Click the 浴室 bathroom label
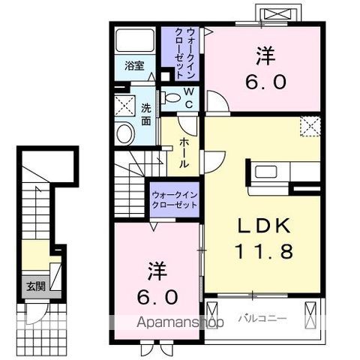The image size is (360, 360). click(x=134, y=66)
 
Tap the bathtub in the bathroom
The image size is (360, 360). click(x=135, y=40)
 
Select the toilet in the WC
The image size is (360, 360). click(x=170, y=97)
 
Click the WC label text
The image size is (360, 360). click(x=189, y=98)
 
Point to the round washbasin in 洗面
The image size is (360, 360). click(x=125, y=133)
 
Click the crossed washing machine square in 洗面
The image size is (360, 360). click(x=124, y=105)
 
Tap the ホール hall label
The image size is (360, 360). click(x=184, y=153)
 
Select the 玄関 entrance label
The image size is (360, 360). click(x=36, y=286)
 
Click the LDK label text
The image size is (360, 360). click(x=264, y=226)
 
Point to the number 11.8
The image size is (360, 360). click(x=263, y=251)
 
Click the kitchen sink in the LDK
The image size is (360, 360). click(x=265, y=172)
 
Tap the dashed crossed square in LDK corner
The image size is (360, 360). click(x=310, y=127)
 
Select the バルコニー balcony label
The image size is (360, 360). click(x=262, y=319)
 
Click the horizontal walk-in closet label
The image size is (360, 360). click(x=175, y=199)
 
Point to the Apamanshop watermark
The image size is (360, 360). click(x=180, y=322)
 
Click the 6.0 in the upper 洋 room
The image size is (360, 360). click(x=265, y=82)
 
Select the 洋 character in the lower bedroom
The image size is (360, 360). click(x=157, y=271)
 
